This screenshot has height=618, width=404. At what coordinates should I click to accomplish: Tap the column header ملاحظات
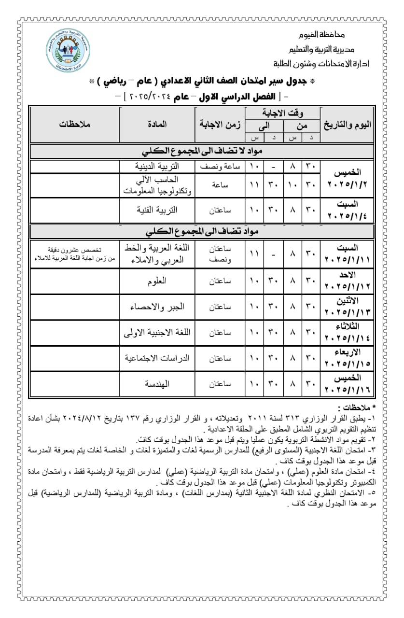75,124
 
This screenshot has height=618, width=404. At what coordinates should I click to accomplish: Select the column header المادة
157,124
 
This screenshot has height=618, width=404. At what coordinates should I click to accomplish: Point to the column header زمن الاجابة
220,124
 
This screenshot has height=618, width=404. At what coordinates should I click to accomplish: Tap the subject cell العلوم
157,281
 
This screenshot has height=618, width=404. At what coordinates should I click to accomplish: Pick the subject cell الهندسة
157,384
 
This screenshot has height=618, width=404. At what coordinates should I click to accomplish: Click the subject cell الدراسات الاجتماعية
157,358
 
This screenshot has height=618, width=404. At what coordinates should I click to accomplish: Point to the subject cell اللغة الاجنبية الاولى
157,333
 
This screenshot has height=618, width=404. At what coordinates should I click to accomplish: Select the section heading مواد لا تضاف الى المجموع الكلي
202,151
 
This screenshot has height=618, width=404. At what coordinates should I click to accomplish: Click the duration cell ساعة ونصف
220,166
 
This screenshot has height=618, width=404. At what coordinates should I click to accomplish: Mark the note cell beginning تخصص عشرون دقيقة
75,255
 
